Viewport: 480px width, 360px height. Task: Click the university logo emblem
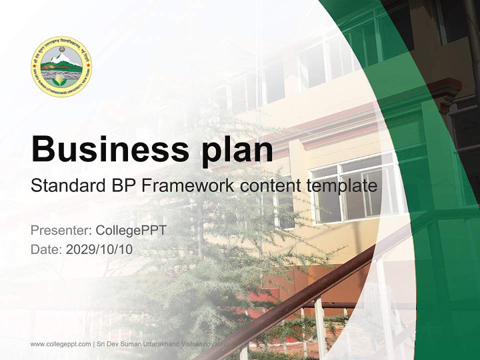point(61,66)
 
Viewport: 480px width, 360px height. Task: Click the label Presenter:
point(60,230)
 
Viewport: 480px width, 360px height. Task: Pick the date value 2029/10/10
point(99,249)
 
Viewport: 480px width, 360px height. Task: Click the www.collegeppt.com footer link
point(60,344)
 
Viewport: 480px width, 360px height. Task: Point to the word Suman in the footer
point(131,344)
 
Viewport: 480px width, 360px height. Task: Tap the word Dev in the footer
point(113,344)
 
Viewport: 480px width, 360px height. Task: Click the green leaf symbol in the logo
point(61,80)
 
